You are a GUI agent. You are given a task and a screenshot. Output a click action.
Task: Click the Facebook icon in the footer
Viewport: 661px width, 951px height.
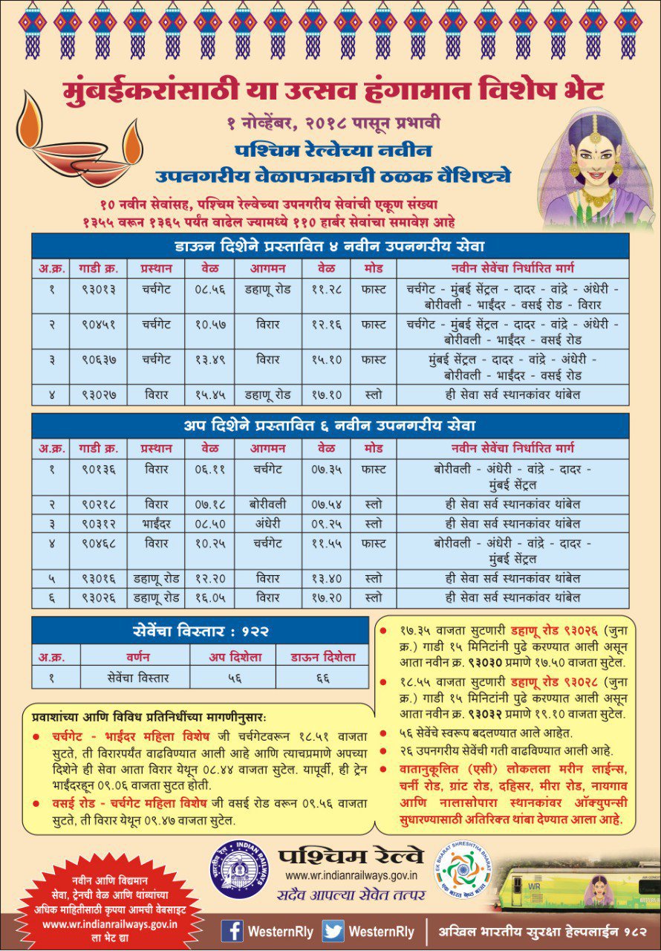[232, 931]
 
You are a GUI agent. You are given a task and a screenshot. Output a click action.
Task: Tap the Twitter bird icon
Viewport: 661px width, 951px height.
[333, 931]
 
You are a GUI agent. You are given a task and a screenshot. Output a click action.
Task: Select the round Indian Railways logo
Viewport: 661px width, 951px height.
[239, 869]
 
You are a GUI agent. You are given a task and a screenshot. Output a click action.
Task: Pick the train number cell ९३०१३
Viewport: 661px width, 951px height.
[98, 290]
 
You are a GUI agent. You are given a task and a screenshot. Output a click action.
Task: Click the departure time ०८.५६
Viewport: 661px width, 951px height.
[210, 290]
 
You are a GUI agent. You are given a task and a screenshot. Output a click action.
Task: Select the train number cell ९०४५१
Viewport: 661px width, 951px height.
[98, 325]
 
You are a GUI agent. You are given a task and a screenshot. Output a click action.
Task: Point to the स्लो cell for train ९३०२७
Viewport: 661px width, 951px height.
[374, 395]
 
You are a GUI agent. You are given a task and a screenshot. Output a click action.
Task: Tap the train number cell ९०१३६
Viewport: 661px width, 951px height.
[98, 470]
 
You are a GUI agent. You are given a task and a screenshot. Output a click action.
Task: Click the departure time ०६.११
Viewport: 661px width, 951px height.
[210, 470]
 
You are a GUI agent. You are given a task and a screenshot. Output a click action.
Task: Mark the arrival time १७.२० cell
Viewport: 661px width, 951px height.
[326, 597]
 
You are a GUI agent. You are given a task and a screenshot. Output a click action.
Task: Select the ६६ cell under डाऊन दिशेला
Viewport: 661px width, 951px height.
[323, 677]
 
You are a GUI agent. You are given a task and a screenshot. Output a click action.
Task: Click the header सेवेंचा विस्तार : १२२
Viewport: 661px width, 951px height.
[200, 632]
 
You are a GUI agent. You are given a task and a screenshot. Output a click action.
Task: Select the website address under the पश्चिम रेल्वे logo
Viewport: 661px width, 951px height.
[351, 876]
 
